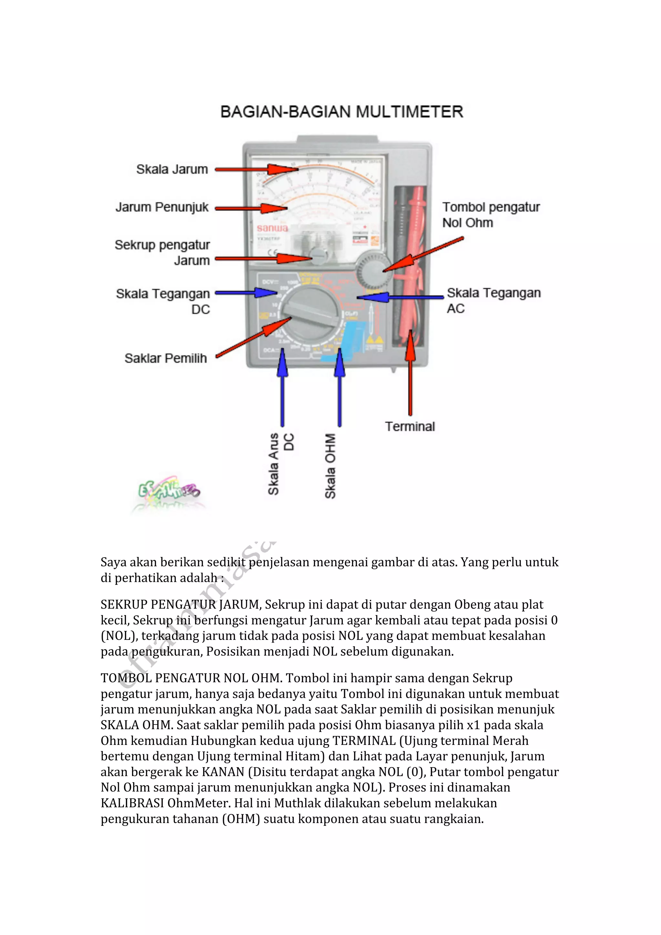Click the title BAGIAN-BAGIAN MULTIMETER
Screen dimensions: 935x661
point(341,112)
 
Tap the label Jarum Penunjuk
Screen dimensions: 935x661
point(162,207)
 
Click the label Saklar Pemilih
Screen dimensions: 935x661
point(166,358)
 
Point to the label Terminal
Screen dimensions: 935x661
point(410,426)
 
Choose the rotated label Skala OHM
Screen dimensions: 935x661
point(330,466)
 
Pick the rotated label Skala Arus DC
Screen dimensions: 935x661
point(280,463)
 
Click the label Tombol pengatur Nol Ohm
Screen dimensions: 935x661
point(491,215)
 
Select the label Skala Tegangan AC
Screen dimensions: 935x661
point(493,300)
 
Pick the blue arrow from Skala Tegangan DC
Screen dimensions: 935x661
point(246,293)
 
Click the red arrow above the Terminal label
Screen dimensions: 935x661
point(410,373)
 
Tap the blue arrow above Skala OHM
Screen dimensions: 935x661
point(340,387)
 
